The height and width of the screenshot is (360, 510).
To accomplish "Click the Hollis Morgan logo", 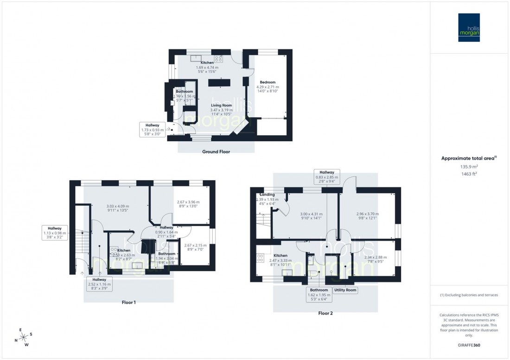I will click(x=469, y=27).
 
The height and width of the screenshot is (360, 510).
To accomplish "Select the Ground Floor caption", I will click(x=216, y=152).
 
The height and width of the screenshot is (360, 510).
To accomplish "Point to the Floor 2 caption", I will click(x=325, y=313).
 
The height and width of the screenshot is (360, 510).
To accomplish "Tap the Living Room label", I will click(x=214, y=105).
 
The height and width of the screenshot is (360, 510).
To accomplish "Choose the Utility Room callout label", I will click(x=345, y=290).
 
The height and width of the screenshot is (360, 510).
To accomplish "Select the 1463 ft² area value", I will click(x=469, y=174).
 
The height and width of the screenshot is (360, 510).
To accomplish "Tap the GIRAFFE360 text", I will click(x=469, y=346).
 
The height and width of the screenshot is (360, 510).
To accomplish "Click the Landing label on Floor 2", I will click(x=268, y=195).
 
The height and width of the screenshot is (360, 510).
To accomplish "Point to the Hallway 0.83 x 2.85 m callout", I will click(x=326, y=177).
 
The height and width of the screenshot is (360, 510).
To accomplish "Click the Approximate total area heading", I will click(x=469, y=158).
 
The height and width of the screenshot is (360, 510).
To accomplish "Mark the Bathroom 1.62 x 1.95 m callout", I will click(x=319, y=294).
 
